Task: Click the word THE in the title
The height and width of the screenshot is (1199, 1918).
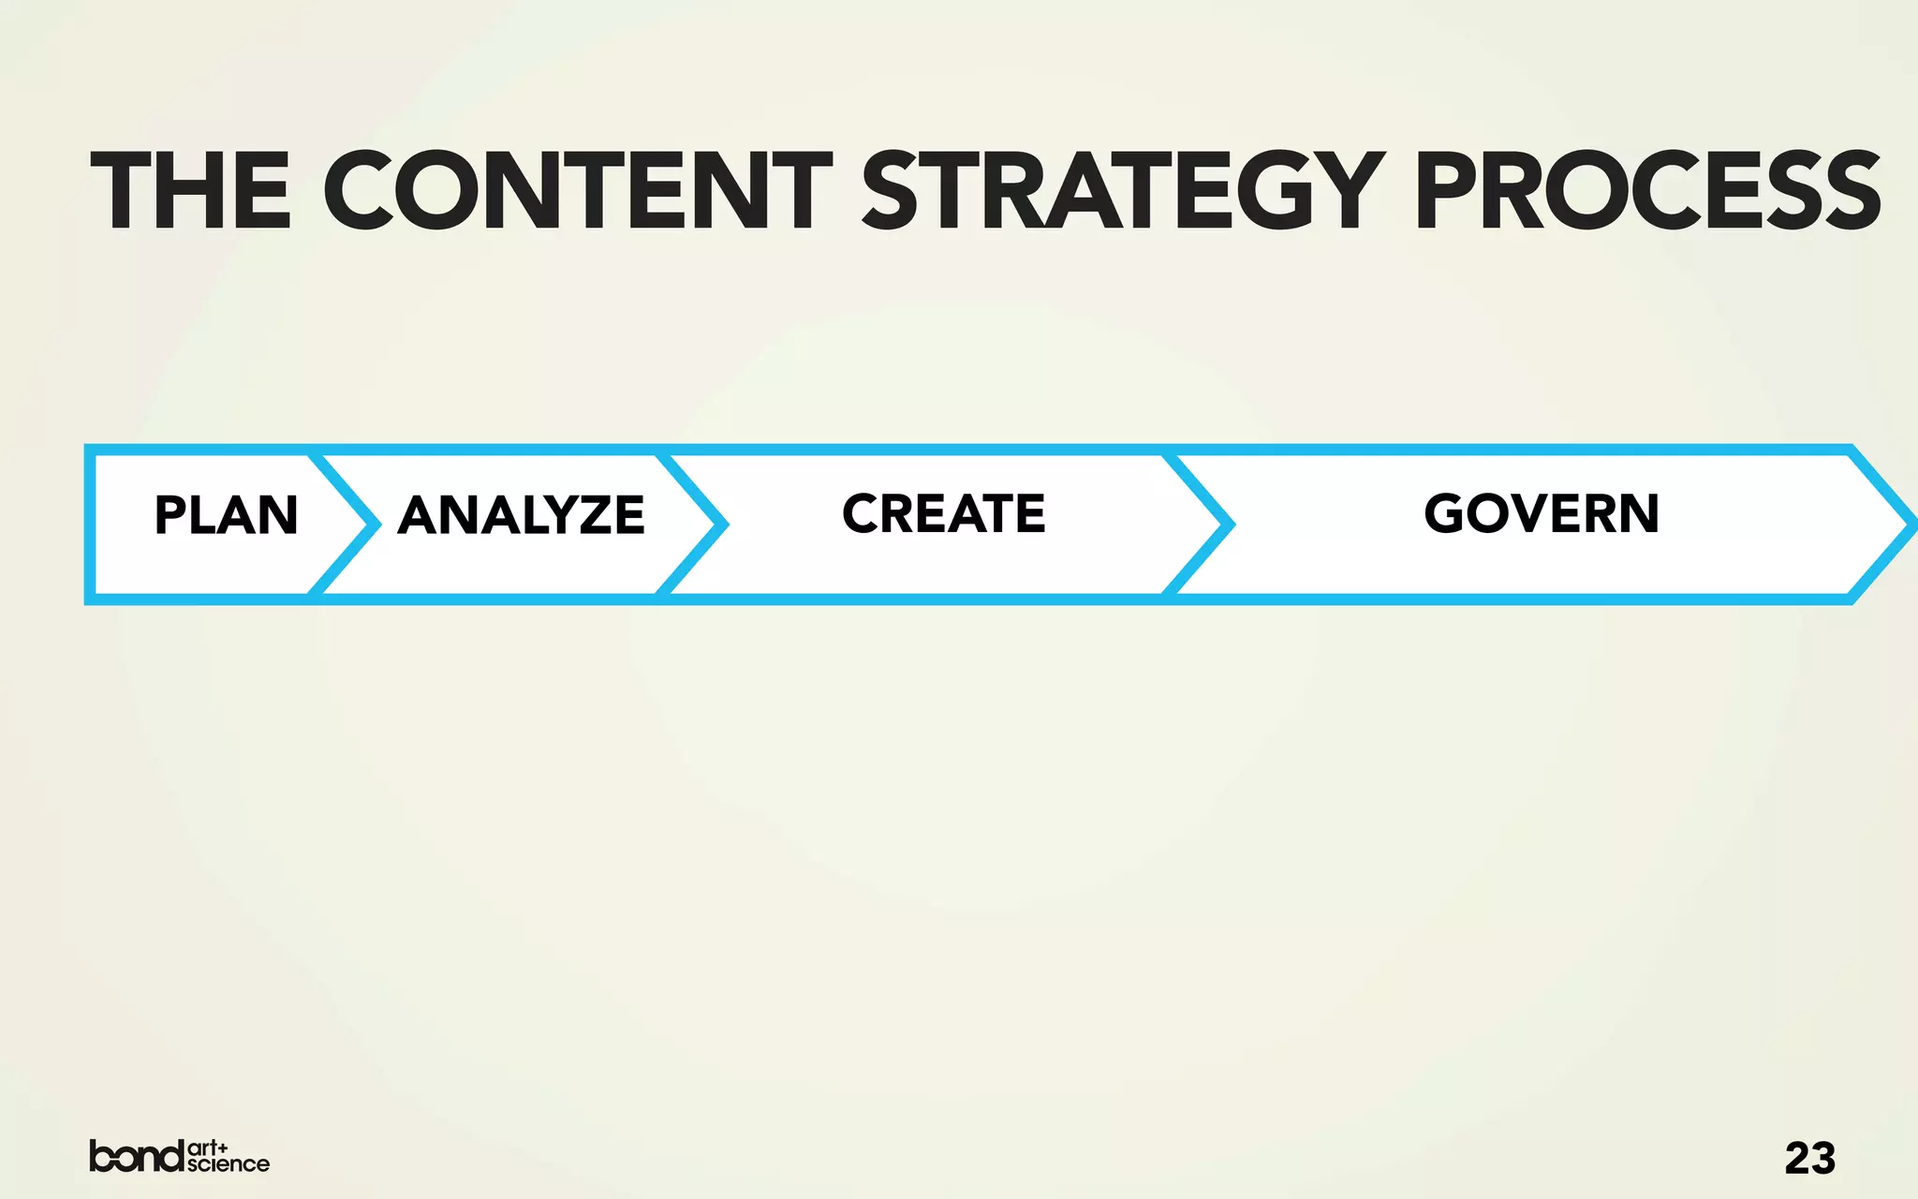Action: [191, 191]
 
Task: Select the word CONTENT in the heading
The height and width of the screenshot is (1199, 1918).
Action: [577, 191]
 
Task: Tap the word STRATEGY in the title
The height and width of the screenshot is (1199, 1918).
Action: [1123, 191]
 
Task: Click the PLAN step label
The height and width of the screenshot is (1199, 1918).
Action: [226, 515]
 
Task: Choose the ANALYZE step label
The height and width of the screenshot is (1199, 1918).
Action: [521, 515]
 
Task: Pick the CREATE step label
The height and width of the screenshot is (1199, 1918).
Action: [943, 513]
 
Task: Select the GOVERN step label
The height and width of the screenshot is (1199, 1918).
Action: [1542, 513]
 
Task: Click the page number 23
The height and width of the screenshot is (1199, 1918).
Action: [1809, 1159]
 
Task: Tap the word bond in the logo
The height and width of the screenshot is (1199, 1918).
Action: [137, 1156]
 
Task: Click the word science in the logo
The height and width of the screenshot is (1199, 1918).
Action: [228, 1164]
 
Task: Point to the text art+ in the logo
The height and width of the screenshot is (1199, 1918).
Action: [208, 1147]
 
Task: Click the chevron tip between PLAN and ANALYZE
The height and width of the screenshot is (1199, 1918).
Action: [375, 525]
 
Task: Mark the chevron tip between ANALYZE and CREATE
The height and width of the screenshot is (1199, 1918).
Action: [722, 525]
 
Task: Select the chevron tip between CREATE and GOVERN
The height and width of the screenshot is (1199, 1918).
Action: [1229, 525]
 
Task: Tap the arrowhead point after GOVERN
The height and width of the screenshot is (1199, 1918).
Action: [1911, 525]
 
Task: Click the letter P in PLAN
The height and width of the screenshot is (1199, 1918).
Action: [170, 515]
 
